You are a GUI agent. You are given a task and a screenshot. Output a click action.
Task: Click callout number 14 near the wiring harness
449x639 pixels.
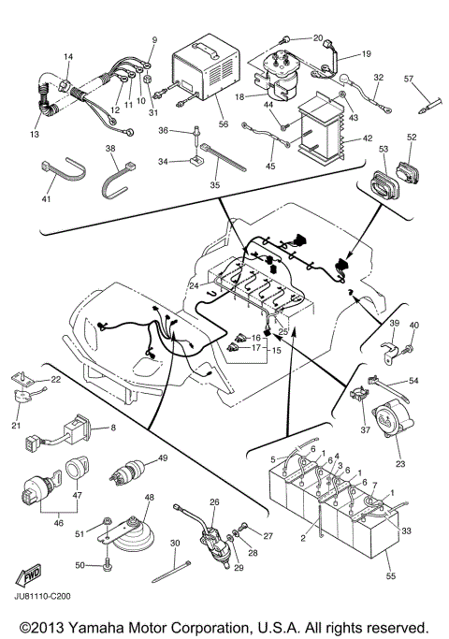[x=68, y=58]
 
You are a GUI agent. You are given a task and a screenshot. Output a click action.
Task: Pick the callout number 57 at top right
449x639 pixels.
[x=410, y=79]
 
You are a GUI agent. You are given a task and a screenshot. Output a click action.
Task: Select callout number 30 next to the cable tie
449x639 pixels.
[x=174, y=545]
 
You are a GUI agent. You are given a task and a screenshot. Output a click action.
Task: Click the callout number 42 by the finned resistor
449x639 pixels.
[x=354, y=137]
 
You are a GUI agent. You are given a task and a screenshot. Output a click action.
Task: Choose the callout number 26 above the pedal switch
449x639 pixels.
[x=213, y=502]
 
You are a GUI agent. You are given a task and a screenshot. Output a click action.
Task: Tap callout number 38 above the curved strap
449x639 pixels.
[x=110, y=149]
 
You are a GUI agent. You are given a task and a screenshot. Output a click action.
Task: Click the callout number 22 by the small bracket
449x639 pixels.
[x=55, y=379]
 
